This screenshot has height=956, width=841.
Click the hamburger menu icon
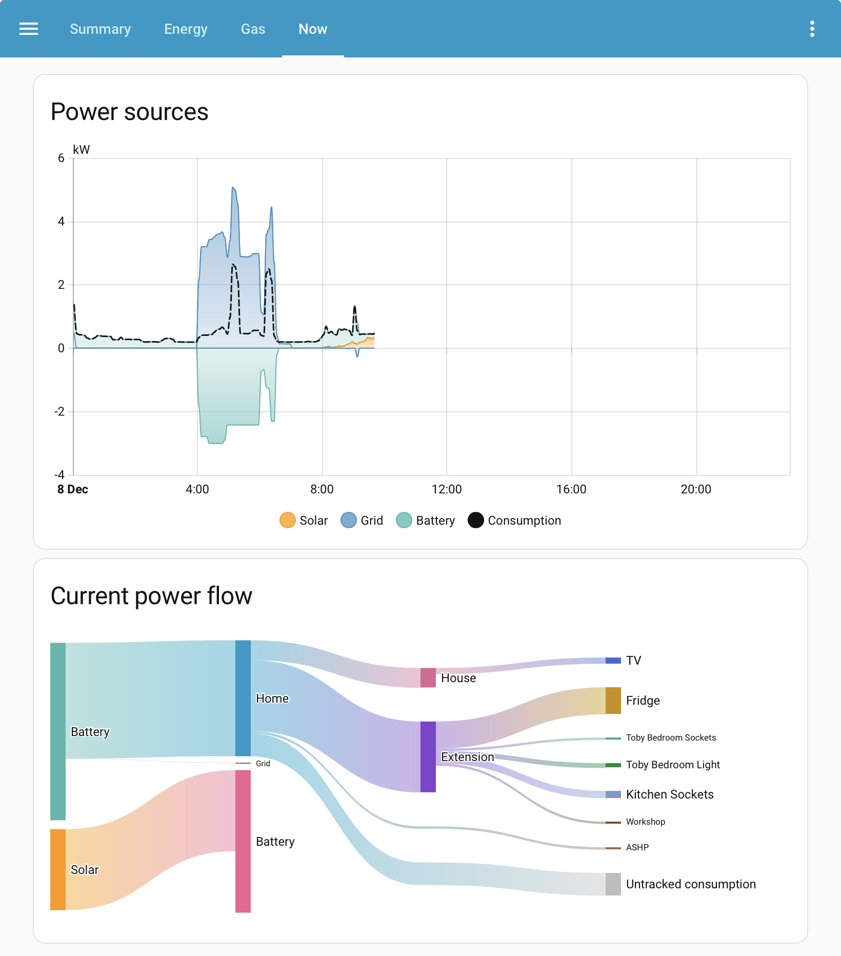(29, 29)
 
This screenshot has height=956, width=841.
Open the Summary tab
(101, 29)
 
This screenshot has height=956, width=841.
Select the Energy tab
(186, 29)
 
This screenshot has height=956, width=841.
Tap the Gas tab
(253, 29)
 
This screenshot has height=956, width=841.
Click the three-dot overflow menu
(812, 29)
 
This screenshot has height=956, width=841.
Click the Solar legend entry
(304, 520)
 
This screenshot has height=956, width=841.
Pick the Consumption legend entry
(514, 520)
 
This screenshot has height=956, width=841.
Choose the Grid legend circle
(349, 520)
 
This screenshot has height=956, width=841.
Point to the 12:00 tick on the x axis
(447, 489)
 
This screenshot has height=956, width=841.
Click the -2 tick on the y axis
(60, 411)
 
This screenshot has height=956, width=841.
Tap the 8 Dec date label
(73, 489)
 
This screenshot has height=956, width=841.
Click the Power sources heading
(130, 112)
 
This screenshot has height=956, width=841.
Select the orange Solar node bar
(58, 869)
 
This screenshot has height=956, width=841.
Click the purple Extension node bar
(428, 756)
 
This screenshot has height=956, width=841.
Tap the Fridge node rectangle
(613, 701)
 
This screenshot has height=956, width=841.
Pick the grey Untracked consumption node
(613, 884)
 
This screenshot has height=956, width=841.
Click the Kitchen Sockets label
(670, 794)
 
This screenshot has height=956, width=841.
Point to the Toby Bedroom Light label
(673, 765)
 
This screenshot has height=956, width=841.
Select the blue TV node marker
(613, 661)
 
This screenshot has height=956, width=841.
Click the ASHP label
(637, 847)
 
